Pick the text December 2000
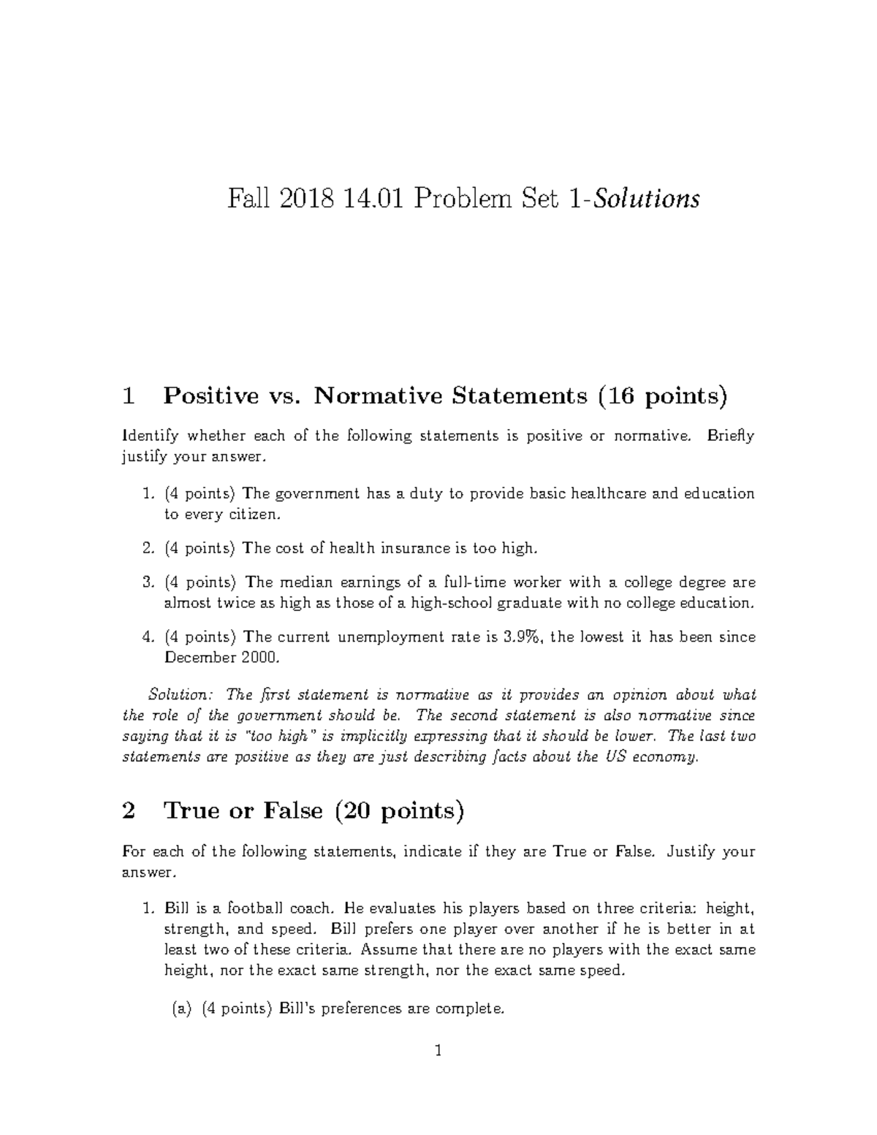[221, 658]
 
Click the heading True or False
[244, 811]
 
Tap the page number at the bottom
[438, 1072]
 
